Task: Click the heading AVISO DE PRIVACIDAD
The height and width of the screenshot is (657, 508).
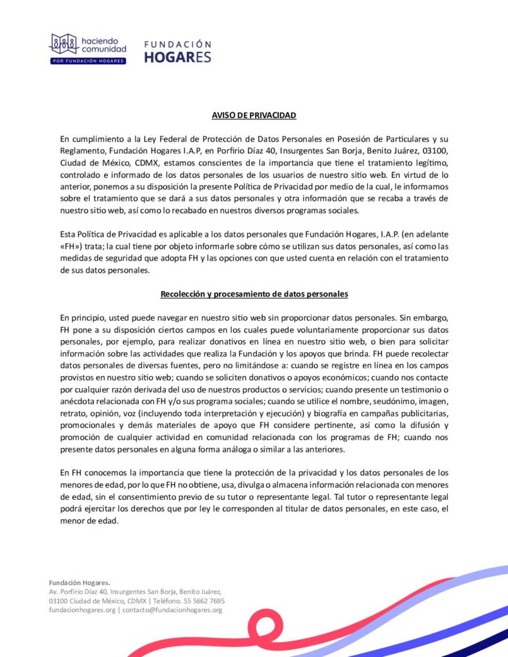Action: pos(254,115)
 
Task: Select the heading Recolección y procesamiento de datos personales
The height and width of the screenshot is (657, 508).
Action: pos(254,294)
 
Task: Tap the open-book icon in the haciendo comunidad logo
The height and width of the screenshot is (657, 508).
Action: pos(64,44)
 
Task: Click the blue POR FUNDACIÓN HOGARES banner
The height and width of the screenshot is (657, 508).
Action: pos(87,61)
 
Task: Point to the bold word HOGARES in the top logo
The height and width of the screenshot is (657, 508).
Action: pos(178,56)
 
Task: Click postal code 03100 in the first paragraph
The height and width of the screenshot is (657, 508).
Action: pos(433,150)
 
